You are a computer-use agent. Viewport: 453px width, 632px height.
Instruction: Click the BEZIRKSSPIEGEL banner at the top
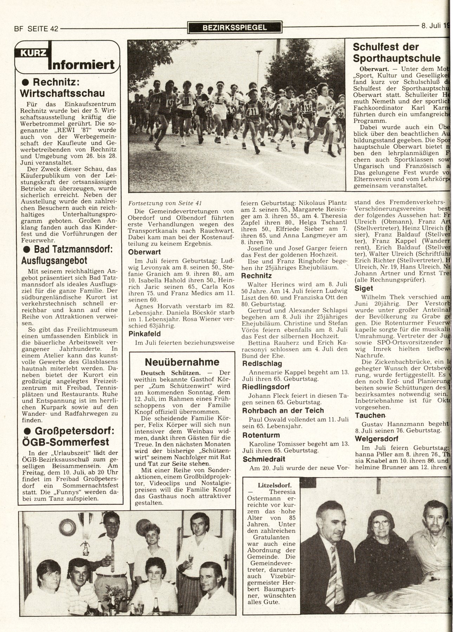click(235, 27)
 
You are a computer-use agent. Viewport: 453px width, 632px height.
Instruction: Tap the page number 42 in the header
click(54, 29)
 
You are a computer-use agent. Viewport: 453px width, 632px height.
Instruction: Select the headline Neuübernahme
click(182, 362)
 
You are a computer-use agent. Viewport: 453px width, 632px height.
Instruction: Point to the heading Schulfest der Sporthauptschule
click(396, 52)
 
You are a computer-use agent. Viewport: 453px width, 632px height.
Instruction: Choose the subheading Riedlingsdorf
click(265, 387)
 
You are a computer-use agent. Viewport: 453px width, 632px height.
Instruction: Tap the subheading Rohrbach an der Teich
click(283, 410)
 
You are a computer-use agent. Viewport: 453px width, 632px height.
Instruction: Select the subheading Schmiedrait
click(264, 459)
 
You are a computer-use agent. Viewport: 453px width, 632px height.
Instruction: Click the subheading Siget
click(364, 288)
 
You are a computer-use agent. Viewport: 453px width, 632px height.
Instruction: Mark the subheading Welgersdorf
click(376, 439)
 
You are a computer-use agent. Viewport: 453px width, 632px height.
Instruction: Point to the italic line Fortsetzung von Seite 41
click(165, 203)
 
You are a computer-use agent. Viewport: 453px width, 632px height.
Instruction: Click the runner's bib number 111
click(253, 112)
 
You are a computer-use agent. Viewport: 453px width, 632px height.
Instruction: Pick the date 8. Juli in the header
click(431, 25)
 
